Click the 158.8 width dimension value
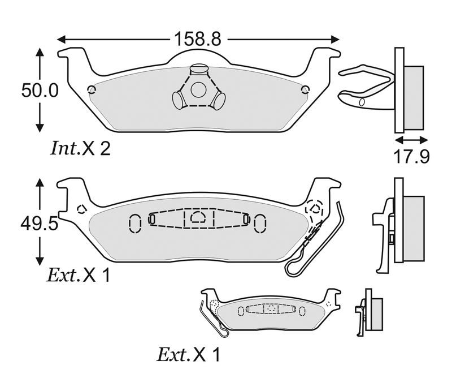click(x=198, y=39)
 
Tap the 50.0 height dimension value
click(x=40, y=91)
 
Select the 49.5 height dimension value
click(x=39, y=223)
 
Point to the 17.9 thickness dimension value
click(x=412, y=157)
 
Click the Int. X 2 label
click(x=80, y=148)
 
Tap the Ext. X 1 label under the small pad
click(x=189, y=354)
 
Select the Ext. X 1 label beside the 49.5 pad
click(x=79, y=275)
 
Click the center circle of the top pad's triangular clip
click(x=199, y=89)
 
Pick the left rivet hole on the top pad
click(x=92, y=90)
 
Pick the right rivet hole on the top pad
click(x=305, y=90)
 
